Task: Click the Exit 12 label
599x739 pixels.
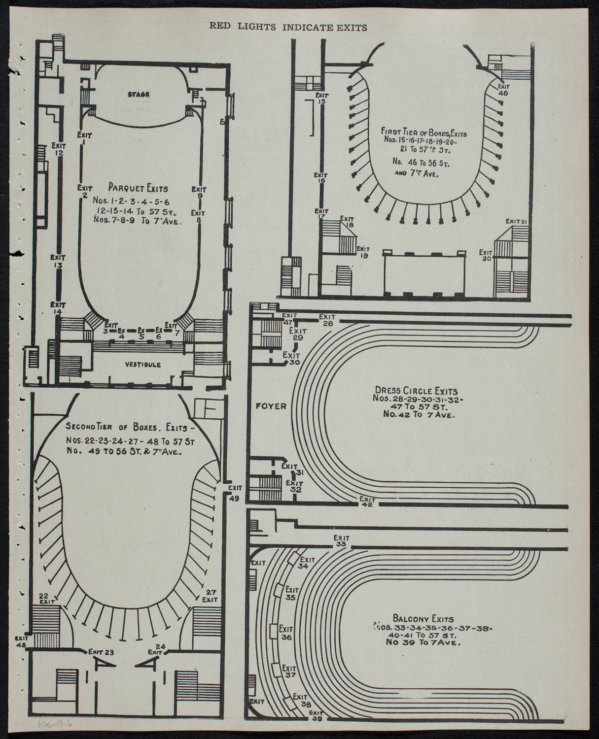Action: [x=59, y=149]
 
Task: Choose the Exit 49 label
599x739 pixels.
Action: [x=235, y=492]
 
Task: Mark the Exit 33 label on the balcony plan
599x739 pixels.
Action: [x=340, y=541]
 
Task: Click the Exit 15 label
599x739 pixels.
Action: [x=322, y=98]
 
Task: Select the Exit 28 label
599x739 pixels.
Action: [x=327, y=320]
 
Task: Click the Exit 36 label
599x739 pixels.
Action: [x=286, y=633]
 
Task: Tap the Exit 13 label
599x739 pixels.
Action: [x=58, y=261]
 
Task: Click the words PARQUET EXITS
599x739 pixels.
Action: [x=138, y=188]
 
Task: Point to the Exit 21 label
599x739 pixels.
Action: [x=519, y=221]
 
